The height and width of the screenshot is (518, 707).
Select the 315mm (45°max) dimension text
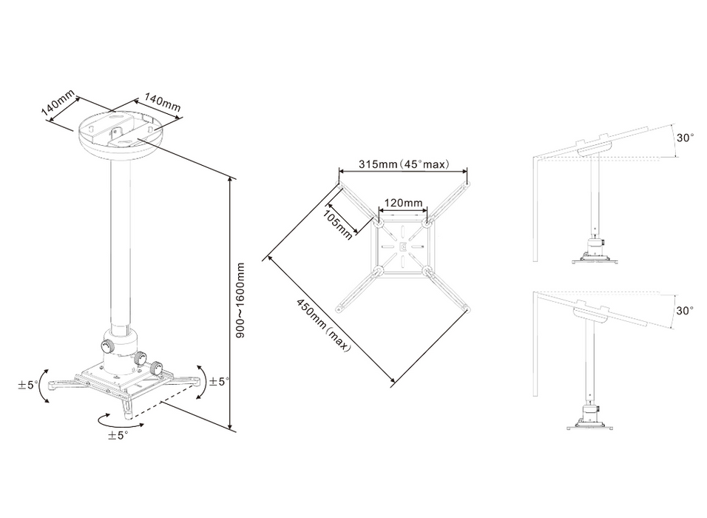coord(402,164)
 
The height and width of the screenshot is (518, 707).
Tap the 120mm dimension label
coord(403,202)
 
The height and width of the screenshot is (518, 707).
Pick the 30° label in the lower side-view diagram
coord(685,311)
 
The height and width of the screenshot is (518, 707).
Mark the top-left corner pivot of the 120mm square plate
coord(379,221)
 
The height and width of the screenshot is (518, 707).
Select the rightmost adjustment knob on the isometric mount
coord(156,368)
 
